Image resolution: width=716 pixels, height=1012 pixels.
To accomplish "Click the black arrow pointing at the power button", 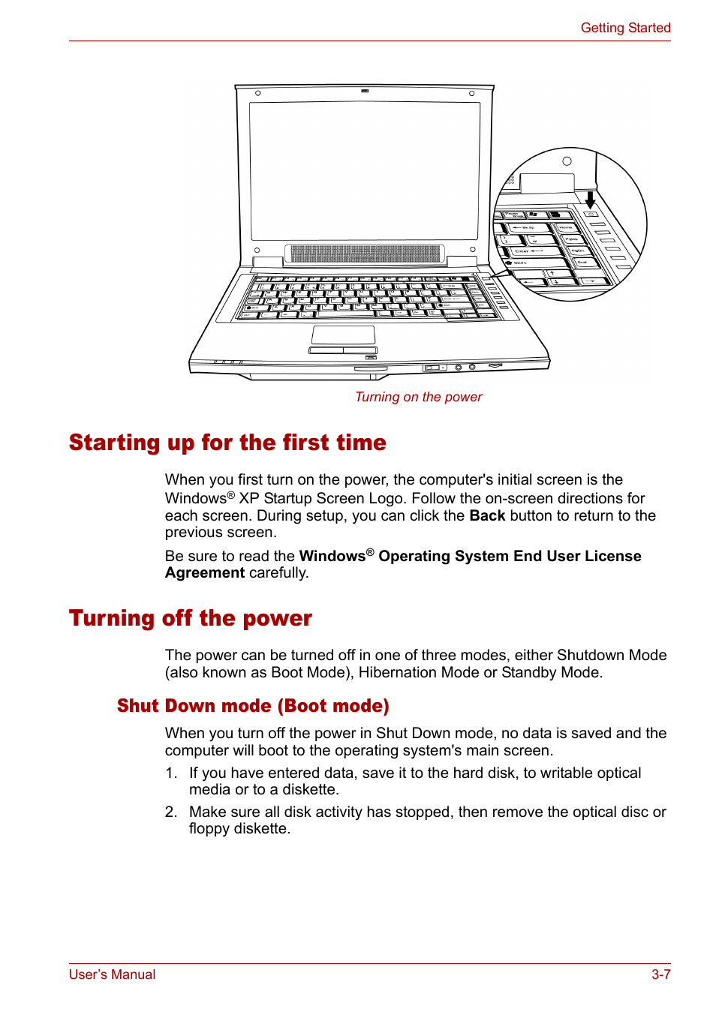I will click(x=591, y=199).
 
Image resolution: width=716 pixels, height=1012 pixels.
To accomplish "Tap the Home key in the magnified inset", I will click(x=566, y=227).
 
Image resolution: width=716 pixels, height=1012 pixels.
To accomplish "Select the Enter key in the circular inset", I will click(x=526, y=251).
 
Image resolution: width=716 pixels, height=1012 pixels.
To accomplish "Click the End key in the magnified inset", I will click(x=582, y=263).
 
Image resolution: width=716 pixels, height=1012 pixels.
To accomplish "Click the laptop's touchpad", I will click(x=343, y=335).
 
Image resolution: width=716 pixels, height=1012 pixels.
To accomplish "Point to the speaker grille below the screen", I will click(x=366, y=254).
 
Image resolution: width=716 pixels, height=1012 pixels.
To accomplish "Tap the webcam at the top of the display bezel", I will click(x=365, y=91).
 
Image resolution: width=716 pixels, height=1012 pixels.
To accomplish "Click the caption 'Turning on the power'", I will click(x=418, y=397).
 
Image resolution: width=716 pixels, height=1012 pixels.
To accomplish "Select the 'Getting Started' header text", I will click(x=625, y=28).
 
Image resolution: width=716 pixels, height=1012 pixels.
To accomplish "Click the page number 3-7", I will click(x=660, y=974).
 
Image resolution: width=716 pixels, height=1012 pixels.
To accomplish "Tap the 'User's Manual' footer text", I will click(x=112, y=974).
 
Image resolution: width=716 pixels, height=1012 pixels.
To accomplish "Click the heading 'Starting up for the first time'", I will click(x=227, y=443).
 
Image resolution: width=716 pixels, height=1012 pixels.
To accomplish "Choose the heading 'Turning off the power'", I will click(x=191, y=618).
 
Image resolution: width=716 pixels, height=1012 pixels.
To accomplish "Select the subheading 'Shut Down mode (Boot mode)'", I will click(x=253, y=706).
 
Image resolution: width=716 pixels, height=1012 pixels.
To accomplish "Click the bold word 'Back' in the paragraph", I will click(x=487, y=515).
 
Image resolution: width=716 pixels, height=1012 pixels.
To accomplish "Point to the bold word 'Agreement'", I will click(x=204, y=572).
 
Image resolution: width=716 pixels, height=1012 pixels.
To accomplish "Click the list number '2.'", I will click(x=171, y=812).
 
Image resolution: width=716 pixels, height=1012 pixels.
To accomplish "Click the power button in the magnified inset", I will click(x=591, y=215).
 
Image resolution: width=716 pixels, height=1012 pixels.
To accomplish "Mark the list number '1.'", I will click(x=171, y=773).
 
